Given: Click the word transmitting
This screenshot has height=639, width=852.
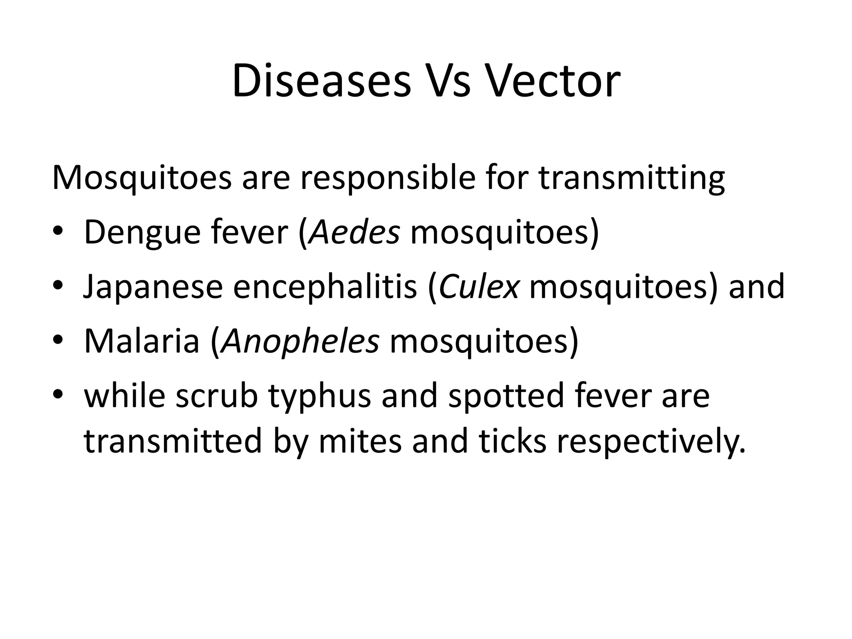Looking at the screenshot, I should click(632, 178).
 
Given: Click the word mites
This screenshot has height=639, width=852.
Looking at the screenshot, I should click(360, 441).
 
